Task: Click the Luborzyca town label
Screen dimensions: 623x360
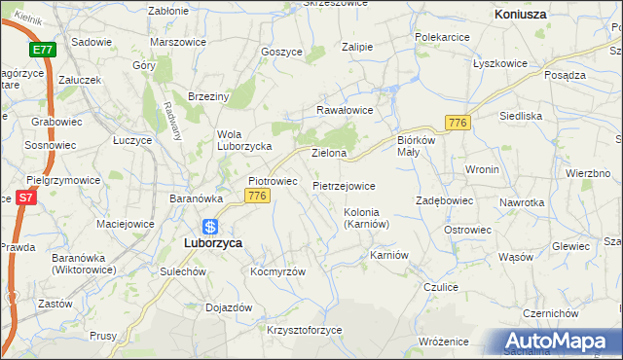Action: [213, 243]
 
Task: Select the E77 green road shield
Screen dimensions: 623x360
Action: [42, 50]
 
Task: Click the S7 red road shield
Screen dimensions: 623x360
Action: [26, 198]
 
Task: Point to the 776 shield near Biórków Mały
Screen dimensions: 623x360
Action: [458, 122]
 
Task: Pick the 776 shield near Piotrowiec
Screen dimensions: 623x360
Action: [257, 197]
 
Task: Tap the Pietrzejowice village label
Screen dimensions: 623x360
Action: [344, 185]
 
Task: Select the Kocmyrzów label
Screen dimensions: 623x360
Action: [277, 271]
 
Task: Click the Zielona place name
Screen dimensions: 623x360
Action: [329, 154]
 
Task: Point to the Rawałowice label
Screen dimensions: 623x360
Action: [344, 110]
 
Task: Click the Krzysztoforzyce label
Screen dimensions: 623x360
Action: [305, 330]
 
